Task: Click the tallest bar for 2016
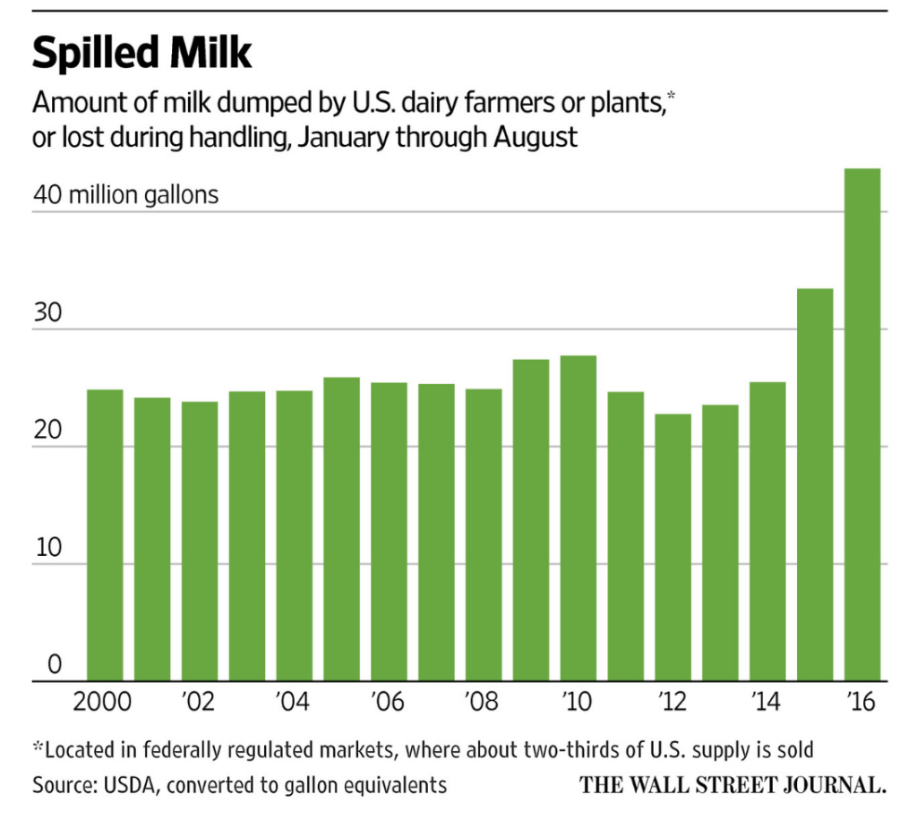click(x=862, y=425)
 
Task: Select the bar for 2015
click(x=815, y=484)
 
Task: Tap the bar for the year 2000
click(x=105, y=535)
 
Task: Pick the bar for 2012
click(x=673, y=547)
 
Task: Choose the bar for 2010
click(x=578, y=518)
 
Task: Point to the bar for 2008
click(x=484, y=534)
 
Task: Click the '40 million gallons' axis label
click(x=125, y=194)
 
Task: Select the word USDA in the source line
click(x=134, y=785)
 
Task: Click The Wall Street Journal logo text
click(x=733, y=785)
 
